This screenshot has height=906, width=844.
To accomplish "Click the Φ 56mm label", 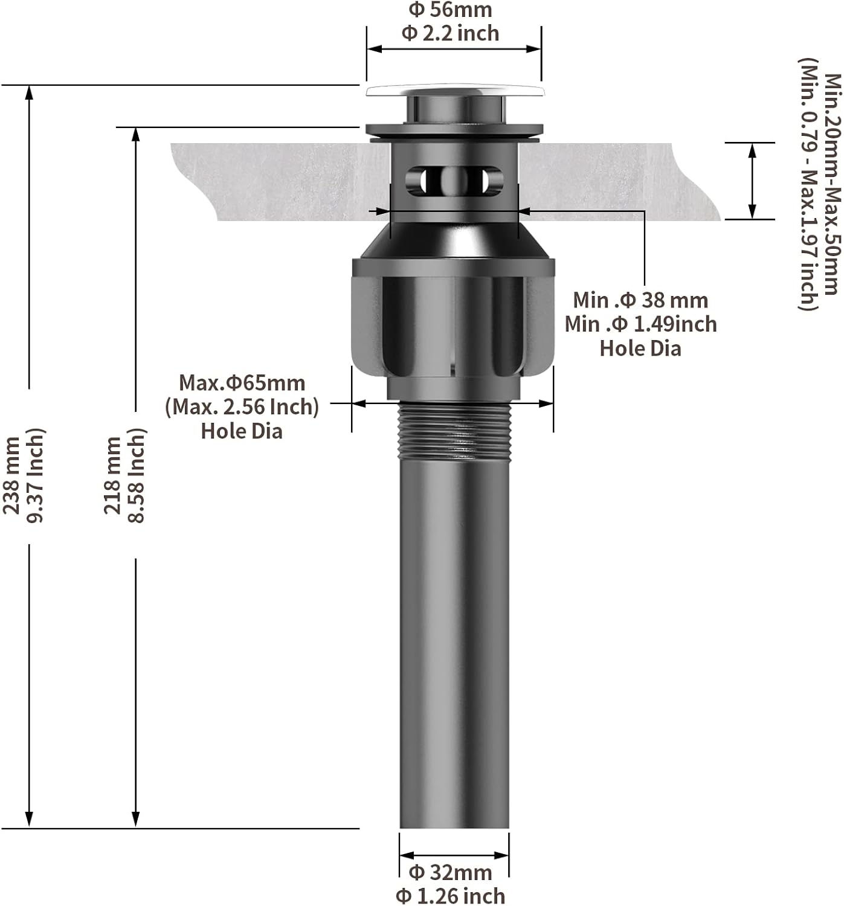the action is point(449,10).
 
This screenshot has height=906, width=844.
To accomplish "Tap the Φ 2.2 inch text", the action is point(449,33).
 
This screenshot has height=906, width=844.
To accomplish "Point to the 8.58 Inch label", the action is point(136,475).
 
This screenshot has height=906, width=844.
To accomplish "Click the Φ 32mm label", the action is point(450,872).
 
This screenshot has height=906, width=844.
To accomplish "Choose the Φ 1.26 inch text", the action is point(450,896).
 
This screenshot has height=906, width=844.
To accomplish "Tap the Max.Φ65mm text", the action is point(242,382).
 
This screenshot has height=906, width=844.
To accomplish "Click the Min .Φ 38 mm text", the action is point(640,300).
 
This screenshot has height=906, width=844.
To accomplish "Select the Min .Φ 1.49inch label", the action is point(641,324).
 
